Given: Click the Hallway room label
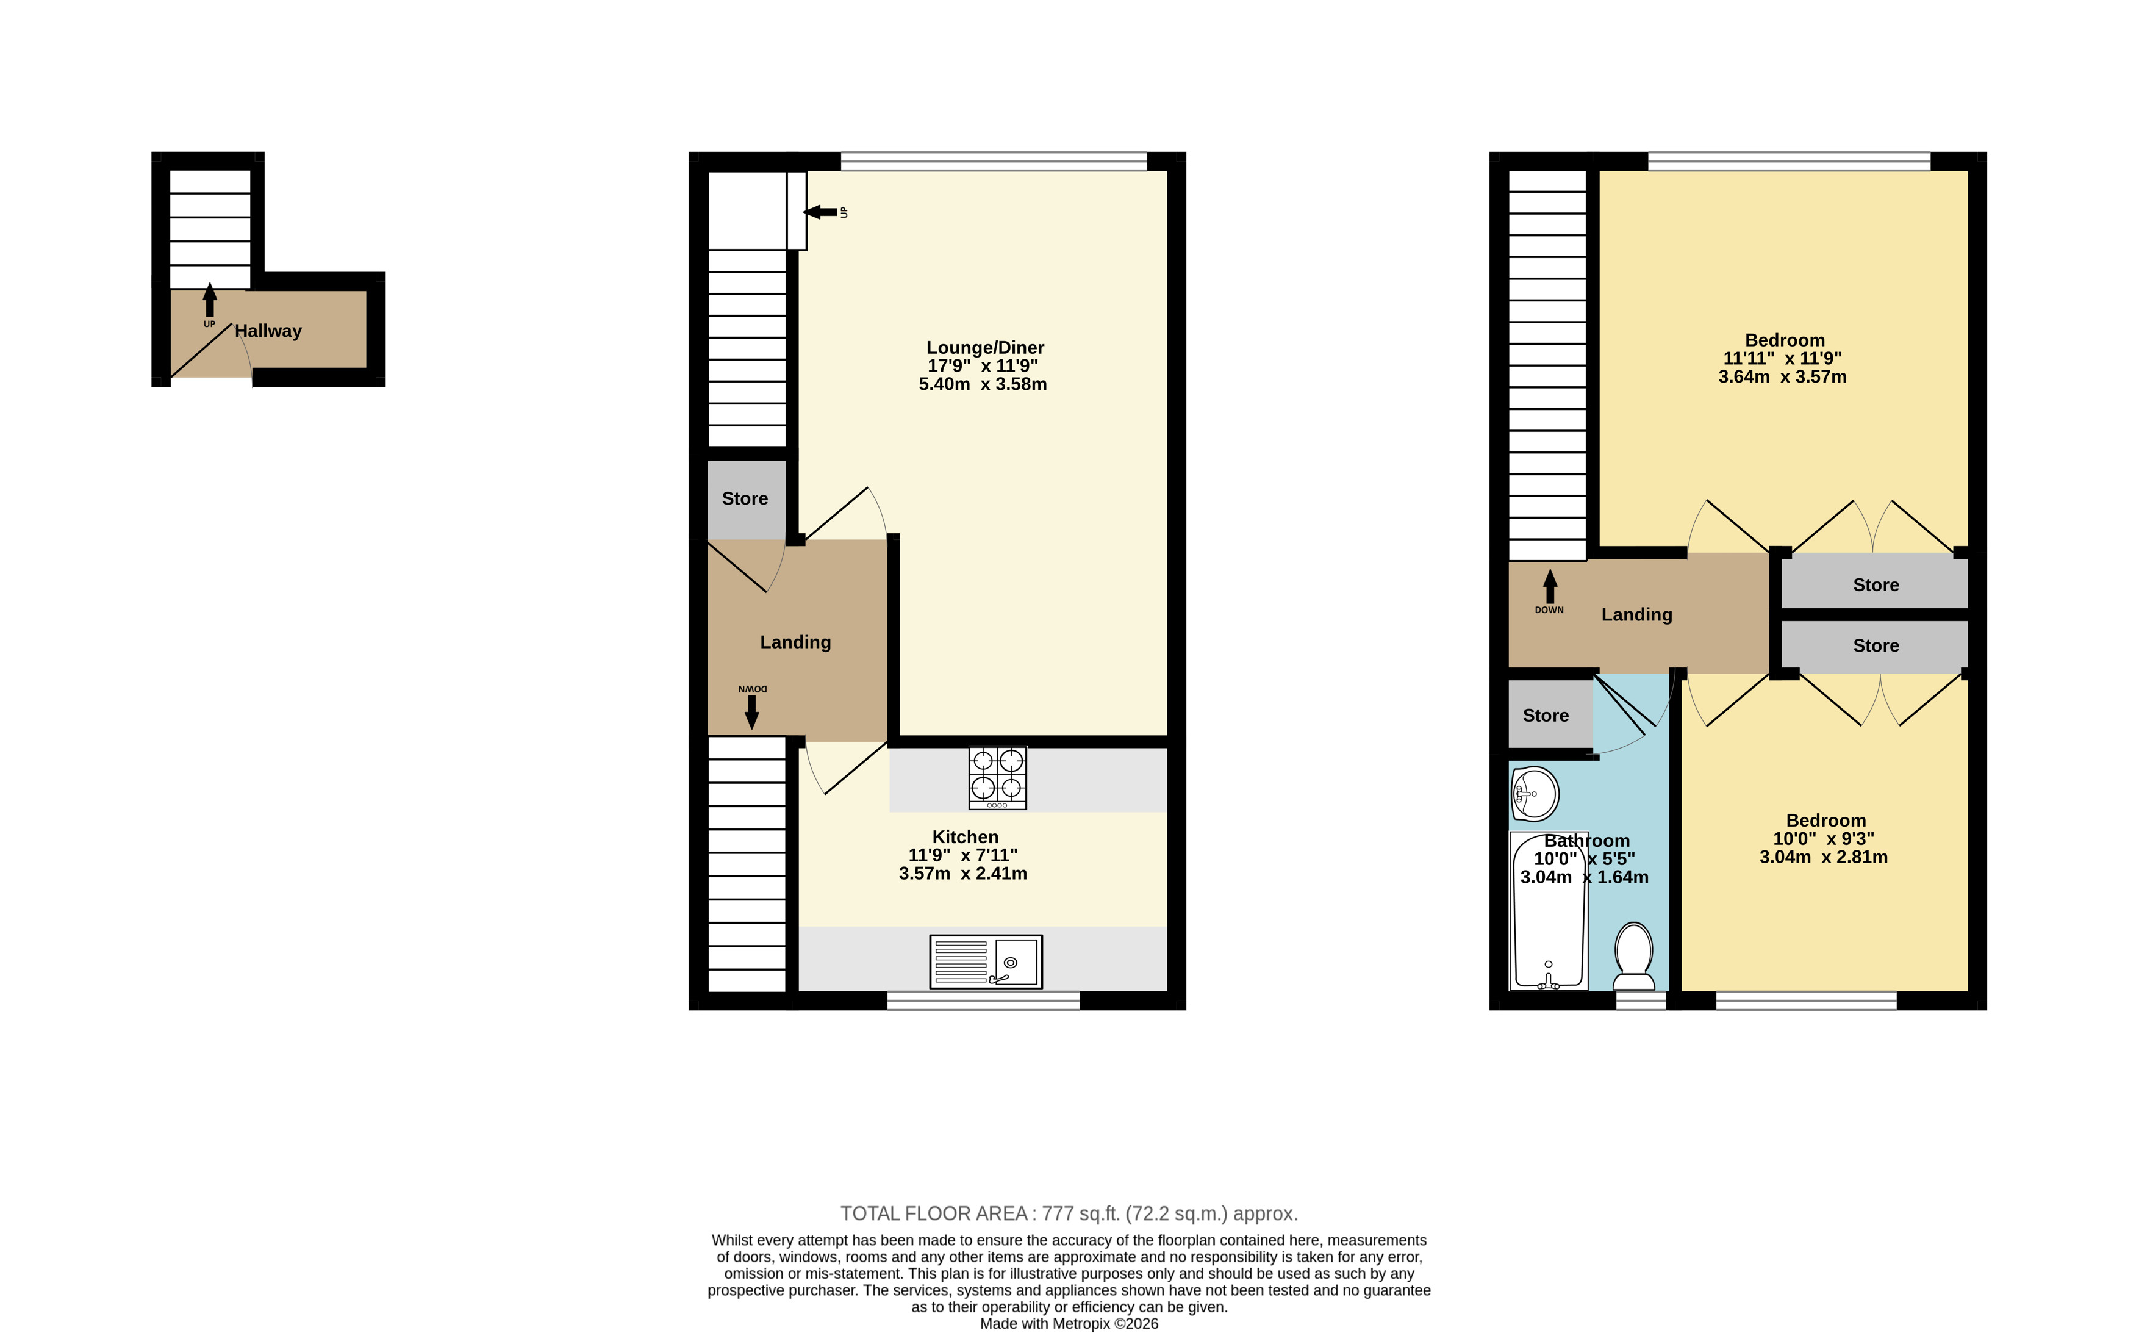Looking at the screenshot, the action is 268,331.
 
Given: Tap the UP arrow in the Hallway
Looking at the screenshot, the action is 210,300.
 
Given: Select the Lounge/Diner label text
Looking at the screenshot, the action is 986,347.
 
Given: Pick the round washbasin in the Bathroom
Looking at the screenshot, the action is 1535,794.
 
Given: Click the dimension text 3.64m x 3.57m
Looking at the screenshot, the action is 1782,376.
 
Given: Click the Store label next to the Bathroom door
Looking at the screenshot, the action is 1546,716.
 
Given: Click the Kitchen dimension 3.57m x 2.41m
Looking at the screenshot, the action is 962,874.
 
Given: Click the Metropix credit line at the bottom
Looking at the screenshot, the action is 1069,1323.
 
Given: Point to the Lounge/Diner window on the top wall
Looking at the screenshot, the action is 994,161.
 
